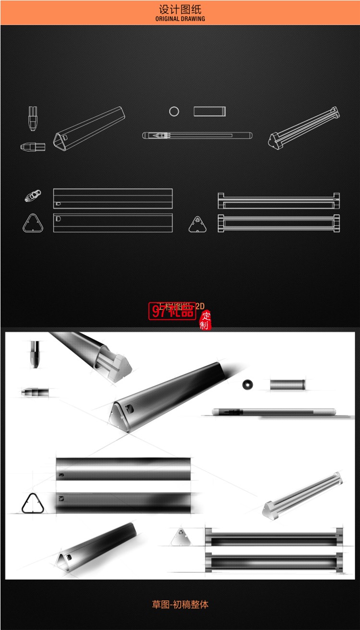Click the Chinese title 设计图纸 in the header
[180, 9]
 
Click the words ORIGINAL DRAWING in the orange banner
[180, 19]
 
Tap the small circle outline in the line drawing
[174, 111]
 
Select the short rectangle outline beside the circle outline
[209, 111]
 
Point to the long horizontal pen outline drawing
[197, 135]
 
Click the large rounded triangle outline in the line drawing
[33, 223]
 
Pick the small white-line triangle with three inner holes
[197, 224]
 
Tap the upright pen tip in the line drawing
[33, 118]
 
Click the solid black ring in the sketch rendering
[248, 384]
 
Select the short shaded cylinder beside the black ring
[287, 385]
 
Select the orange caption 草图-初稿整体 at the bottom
[180, 605]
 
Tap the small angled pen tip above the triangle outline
[32, 196]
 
